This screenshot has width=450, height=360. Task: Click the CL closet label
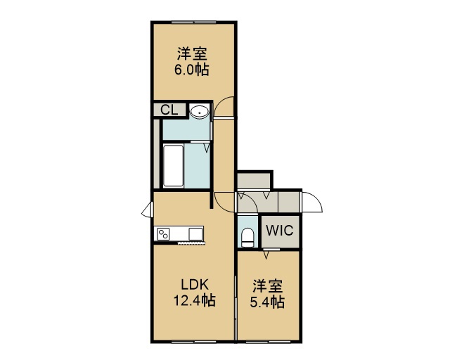[x=169, y=110]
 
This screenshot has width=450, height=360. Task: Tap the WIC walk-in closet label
[x=280, y=230]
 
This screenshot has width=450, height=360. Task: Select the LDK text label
[x=194, y=284]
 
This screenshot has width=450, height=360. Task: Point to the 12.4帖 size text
[x=194, y=300]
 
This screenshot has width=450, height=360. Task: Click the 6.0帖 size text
[x=192, y=70]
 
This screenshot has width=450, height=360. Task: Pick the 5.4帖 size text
[x=267, y=302]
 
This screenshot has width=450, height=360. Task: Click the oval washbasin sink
[x=200, y=111]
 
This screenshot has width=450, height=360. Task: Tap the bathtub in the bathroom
[x=174, y=166]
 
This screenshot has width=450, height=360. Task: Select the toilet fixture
[x=247, y=238]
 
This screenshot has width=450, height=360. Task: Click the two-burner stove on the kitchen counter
[x=163, y=233]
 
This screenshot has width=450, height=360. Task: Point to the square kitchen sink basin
[x=195, y=233]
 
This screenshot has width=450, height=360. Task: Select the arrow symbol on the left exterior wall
[x=147, y=210]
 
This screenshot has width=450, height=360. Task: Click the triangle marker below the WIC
[x=266, y=255]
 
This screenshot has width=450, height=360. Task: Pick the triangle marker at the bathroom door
[x=207, y=148]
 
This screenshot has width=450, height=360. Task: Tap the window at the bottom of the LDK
[x=194, y=342]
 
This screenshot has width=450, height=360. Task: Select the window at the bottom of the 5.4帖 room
[x=269, y=342]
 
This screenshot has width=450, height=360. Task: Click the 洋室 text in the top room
[x=192, y=53]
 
